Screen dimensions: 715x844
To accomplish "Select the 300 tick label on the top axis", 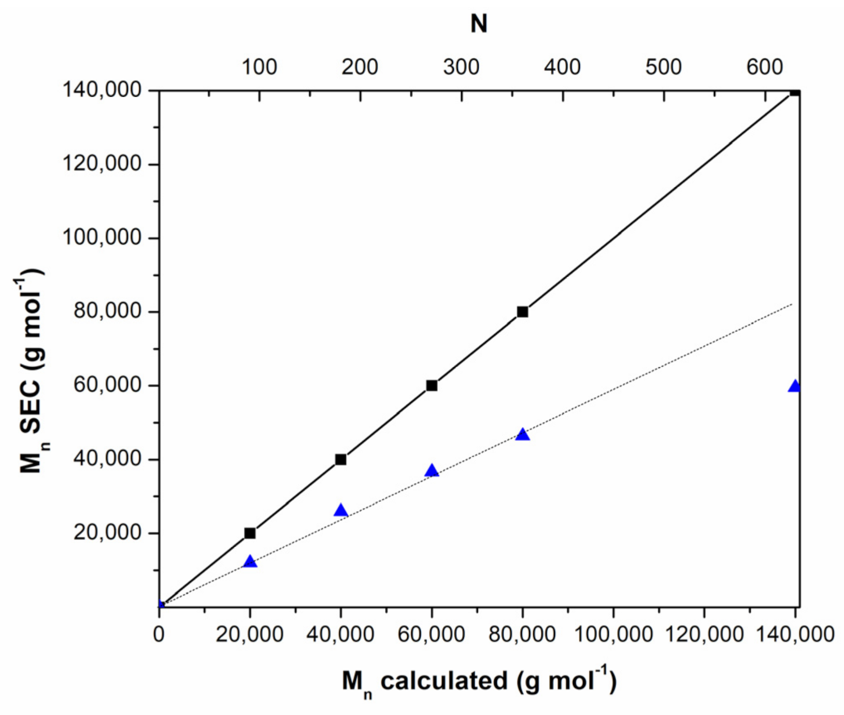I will tap(461, 67).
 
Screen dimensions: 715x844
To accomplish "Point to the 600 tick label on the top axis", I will tap(764, 67).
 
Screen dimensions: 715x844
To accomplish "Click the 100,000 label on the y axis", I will tap(102, 237).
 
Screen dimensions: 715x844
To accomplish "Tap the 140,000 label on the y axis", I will tap(102, 90).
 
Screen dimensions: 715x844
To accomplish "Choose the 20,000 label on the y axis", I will tap(107, 532).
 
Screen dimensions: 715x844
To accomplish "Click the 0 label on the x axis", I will tap(159, 634).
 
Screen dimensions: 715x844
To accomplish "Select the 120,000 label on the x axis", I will tap(704, 634).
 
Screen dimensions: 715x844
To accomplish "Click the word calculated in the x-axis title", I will tap(444, 681).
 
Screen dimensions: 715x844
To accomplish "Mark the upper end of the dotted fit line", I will tap(792, 304).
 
